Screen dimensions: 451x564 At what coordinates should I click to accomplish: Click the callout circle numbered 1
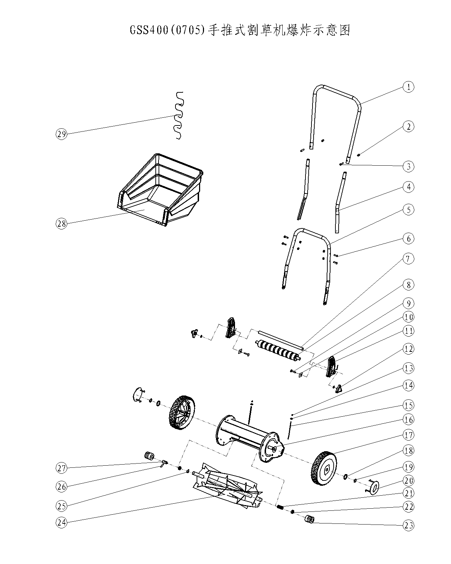408,87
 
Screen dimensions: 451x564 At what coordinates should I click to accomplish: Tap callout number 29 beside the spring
62,134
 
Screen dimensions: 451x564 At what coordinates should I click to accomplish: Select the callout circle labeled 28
62,223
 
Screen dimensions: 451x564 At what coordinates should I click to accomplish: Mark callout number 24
62,523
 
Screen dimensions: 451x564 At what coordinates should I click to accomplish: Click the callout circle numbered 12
408,349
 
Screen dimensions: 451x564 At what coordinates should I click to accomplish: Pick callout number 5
408,210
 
